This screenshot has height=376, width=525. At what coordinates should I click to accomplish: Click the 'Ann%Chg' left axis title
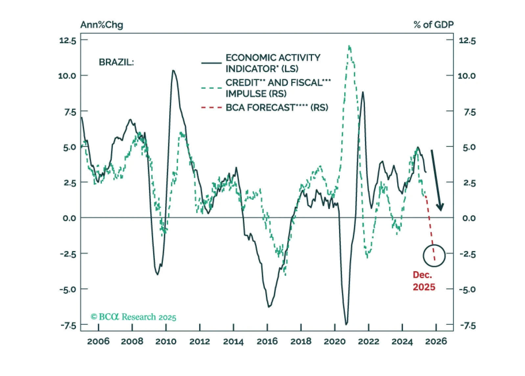tap(102, 25)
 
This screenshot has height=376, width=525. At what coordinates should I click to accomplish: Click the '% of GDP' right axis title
tap(433, 25)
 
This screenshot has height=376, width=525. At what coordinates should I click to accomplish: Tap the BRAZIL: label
tap(116, 62)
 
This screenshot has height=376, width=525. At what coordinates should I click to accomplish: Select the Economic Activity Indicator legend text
tap(273, 63)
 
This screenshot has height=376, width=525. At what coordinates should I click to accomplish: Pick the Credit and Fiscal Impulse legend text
tap(278, 88)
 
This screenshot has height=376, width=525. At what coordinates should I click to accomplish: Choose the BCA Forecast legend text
tap(277, 108)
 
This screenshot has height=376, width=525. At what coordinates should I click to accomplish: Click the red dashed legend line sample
tap(212, 107)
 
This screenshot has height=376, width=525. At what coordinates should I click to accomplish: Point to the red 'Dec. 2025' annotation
tap(423, 281)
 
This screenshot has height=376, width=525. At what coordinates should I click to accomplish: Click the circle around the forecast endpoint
tap(434, 255)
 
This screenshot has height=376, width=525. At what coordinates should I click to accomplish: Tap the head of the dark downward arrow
tap(440, 207)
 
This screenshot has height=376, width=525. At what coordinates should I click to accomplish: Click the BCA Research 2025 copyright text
tap(133, 317)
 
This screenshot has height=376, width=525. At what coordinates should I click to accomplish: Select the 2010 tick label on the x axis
tap(166, 341)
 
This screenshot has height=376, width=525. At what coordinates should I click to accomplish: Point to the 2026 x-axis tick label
tap(436, 341)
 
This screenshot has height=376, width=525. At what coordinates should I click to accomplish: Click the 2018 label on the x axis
tap(301, 341)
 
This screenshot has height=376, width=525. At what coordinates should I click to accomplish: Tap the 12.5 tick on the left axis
tap(68, 40)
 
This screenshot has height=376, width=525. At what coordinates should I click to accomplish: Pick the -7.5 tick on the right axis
tap(468, 326)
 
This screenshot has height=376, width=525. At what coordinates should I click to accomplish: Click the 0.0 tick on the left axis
tap(69, 218)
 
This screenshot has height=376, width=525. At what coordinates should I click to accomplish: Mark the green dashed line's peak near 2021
tap(349, 46)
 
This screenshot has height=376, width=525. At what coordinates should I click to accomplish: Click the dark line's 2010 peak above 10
tap(173, 70)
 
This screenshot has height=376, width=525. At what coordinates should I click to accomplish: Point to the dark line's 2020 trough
tap(346, 324)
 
